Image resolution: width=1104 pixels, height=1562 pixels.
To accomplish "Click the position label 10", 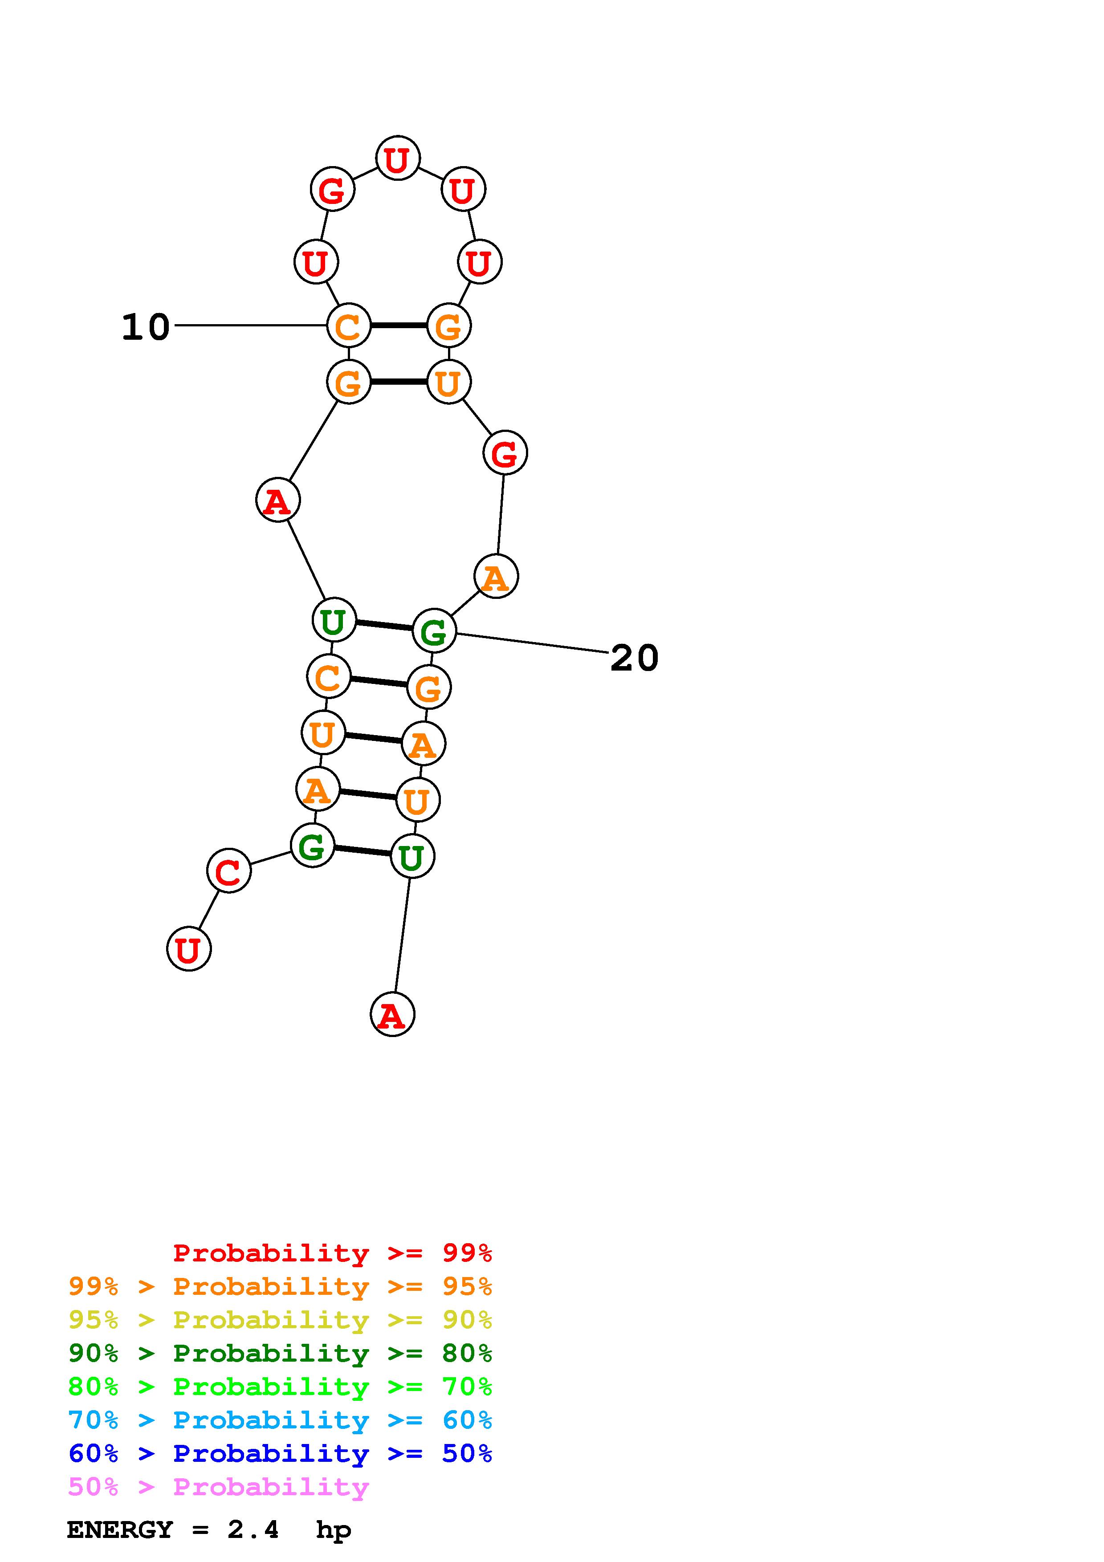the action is (x=146, y=327).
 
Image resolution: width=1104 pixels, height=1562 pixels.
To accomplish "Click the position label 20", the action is (x=634, y=658).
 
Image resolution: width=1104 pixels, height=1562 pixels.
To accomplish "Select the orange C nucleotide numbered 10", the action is (x=348, y=326).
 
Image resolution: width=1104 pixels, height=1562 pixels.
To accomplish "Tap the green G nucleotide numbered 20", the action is (x=434, y=631).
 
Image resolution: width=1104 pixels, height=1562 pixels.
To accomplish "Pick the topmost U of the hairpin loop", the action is (x=398, y=159).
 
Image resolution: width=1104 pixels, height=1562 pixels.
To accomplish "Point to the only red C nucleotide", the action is (x=228, y=871).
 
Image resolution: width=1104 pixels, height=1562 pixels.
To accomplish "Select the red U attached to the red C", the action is (x=188, y=949).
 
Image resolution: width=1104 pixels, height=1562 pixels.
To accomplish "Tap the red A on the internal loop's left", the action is (x=277, y=501).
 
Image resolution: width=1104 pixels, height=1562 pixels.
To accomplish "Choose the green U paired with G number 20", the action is (x=333, y=620).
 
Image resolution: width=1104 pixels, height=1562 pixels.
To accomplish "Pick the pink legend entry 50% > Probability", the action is (x=219, y=1487).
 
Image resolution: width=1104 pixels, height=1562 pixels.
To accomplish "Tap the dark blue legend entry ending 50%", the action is (x=280, y=1453).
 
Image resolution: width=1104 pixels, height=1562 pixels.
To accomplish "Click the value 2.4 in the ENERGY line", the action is (x=253, y=1530).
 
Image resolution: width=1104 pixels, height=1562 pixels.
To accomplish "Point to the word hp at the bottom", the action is (x=333, y=1531).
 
